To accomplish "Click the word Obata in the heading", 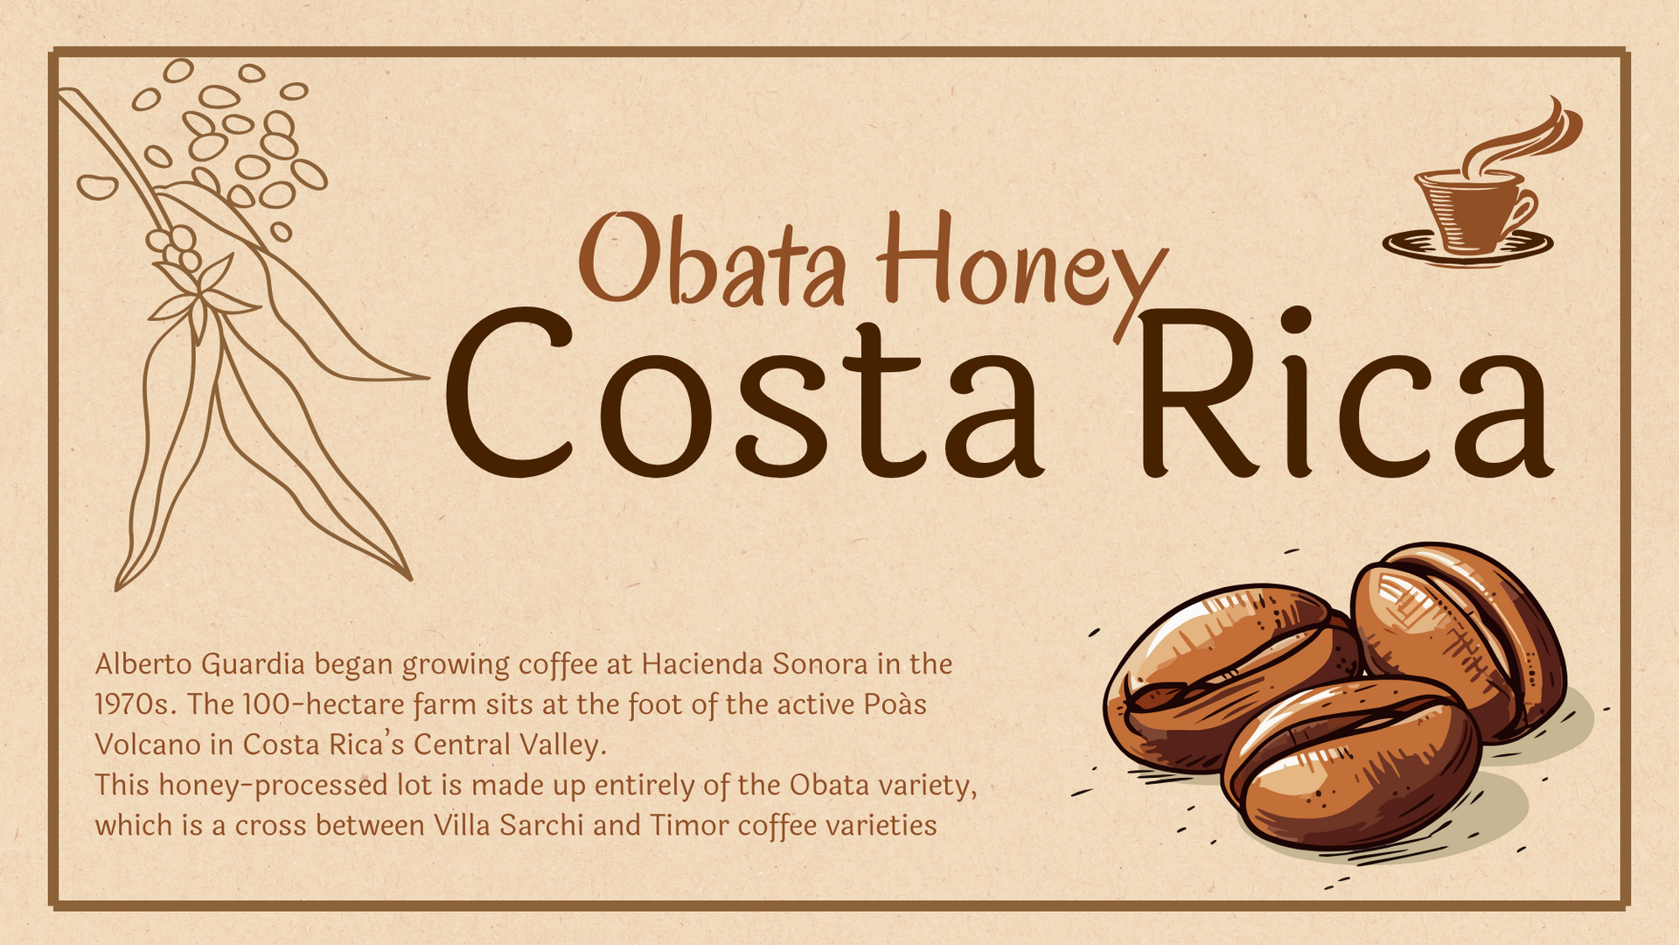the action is click(x=713, y=258).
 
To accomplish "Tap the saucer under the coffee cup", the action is click(x=1468, y=247).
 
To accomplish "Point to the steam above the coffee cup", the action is click(x=1522, y=136).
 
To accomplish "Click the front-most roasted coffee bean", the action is click(x=1351, y=763).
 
